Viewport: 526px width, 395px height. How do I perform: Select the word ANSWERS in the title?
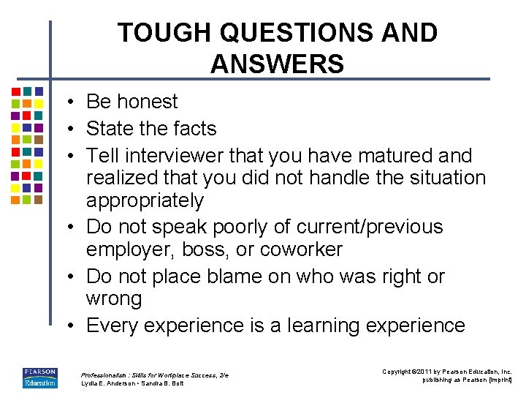click(x=277, y=64)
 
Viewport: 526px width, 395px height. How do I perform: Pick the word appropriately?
click(x=145, y=201)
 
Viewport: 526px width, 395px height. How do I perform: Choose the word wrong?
click(x=114, y=299)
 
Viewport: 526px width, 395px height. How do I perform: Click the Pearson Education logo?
click(x=39, y=377)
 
